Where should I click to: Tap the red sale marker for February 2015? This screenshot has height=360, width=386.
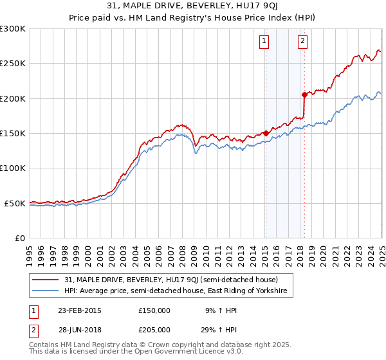click(265, 134)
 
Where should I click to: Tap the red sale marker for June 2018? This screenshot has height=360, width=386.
click(304, 94)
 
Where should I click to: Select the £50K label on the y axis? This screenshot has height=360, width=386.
click(15, 203)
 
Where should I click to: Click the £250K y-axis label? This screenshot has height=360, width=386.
click(13, 64)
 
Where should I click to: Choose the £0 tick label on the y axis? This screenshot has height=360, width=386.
click(21, 238)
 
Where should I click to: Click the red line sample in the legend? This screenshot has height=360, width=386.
click(46, 280)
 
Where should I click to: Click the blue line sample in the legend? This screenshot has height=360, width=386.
click(46, 291)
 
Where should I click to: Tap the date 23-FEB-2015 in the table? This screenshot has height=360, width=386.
click(79, 310)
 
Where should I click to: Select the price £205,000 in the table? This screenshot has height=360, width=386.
click(154, 329)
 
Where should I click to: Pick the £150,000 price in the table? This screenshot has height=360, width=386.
click(154, 310)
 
